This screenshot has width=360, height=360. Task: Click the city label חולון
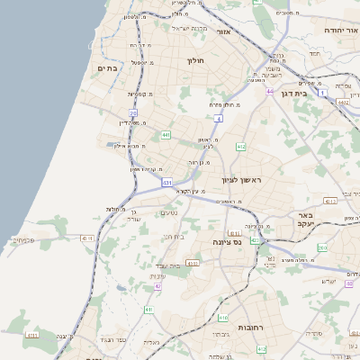tap(195, 61)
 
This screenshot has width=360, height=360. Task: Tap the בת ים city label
tap(107, 68)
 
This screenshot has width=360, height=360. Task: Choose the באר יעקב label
tap(316, 220)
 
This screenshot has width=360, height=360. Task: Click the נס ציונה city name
tap(225, 242)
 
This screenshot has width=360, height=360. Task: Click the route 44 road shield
tap(270, 91)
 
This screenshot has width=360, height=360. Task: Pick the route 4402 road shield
tap(343, 103)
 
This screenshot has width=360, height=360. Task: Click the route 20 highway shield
tap(133, 112)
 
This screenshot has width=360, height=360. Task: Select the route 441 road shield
tap(166, 136)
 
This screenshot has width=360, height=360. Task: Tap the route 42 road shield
tap(157, 286)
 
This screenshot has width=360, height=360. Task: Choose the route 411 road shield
tap(148, 310)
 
